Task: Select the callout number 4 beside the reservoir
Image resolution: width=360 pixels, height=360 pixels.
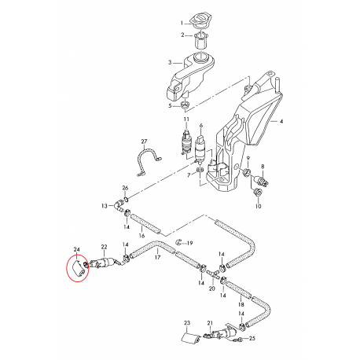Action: (282, 122)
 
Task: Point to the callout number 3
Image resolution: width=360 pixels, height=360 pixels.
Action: (169, 62)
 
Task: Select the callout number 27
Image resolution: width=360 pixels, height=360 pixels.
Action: (143, 141)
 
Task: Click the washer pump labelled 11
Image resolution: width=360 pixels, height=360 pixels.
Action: (187, 142)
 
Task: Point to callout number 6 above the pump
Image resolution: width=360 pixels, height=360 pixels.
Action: (201, 126)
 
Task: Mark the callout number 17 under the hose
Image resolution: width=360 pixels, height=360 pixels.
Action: (157, 257)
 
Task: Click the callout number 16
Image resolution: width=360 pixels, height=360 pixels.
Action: (142, 234)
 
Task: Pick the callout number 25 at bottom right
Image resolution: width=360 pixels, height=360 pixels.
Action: (253, 339)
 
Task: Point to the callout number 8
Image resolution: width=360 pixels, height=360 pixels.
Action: (263, 167)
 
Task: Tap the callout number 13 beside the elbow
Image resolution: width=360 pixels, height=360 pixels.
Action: (105, 206)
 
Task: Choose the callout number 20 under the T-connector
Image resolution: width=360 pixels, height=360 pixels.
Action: (211, 289)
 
